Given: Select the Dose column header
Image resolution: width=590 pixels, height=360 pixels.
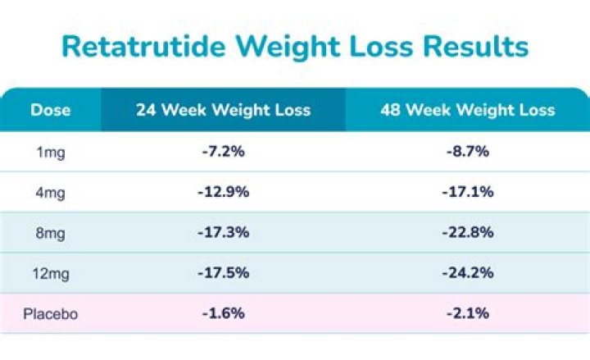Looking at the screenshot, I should click(51, 110).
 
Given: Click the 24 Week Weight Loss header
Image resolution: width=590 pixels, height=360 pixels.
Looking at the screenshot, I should click(223, 110).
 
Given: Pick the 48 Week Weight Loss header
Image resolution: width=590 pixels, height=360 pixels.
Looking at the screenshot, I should click(467, 110).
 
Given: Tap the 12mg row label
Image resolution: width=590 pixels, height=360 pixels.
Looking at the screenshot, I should click(51, 273).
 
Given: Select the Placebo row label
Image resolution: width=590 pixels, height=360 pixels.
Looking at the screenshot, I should click(51, 313).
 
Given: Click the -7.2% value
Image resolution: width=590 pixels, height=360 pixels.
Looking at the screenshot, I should click(223, 153).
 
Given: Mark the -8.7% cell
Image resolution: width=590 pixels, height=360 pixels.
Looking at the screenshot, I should click(467, 153).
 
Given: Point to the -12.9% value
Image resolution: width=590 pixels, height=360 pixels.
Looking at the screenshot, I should click(223, 193).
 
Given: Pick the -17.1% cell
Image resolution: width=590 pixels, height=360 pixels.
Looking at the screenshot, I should click(467, 193).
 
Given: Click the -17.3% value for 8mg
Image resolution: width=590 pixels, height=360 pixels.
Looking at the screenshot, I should click(223, 233).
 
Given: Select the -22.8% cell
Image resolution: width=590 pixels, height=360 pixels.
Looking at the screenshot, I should click(467, 233).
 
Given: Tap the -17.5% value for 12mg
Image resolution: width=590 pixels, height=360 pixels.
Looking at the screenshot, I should click(223, 273).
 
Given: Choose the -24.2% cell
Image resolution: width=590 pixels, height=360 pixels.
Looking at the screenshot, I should click(467, 273).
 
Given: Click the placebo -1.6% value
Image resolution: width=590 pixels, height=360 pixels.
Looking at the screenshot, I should click(223, 313).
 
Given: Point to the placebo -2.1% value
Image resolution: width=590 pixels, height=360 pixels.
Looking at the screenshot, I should click(467, 313).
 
